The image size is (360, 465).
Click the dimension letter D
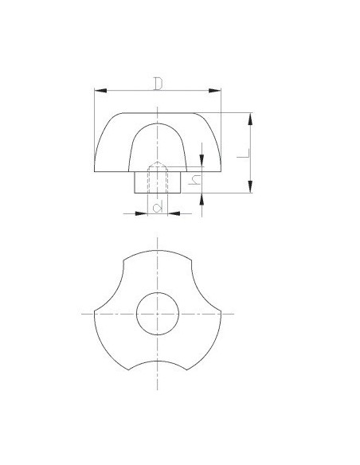(x=158, y=84)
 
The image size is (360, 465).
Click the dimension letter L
(x=244, y=154)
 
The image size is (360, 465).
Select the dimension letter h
(x=194, y=180)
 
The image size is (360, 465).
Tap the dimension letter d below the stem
(x=158, y=206)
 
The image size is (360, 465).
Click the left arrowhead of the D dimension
(x=100, y=91)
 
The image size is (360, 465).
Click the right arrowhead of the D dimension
(x=215, y=91)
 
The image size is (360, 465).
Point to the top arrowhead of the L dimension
(x=251, y=119)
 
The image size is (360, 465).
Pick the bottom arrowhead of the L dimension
(x=251, y=186)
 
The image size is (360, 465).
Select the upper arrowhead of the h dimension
(x=202, y=160)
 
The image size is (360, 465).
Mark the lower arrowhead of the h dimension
(x=202, y=199)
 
